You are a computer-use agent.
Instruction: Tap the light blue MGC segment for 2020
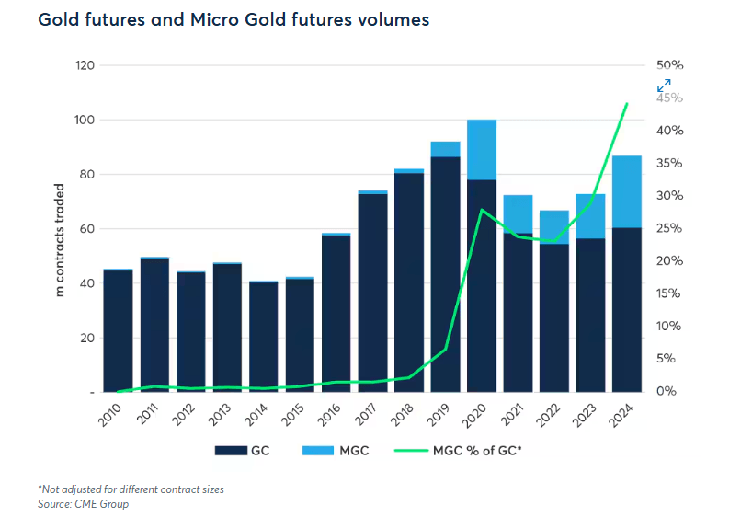click(482, 149)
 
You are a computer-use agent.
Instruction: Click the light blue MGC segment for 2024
click(626, 191)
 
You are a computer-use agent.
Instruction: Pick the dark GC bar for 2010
click(118, 330)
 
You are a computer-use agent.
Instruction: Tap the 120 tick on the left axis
click(85, 66)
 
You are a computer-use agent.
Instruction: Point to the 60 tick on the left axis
click(87, 229)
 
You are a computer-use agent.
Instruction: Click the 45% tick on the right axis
click(669, 98)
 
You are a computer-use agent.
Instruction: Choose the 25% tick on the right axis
click(669, 229)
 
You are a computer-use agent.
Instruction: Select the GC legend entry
click(248, 451)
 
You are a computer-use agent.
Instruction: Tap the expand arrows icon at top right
click(664, 86)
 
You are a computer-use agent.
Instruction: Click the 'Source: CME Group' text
click(84, 504)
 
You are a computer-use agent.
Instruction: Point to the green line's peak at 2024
click(626, 104)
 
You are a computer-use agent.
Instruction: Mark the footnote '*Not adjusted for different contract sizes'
click(131, 489)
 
